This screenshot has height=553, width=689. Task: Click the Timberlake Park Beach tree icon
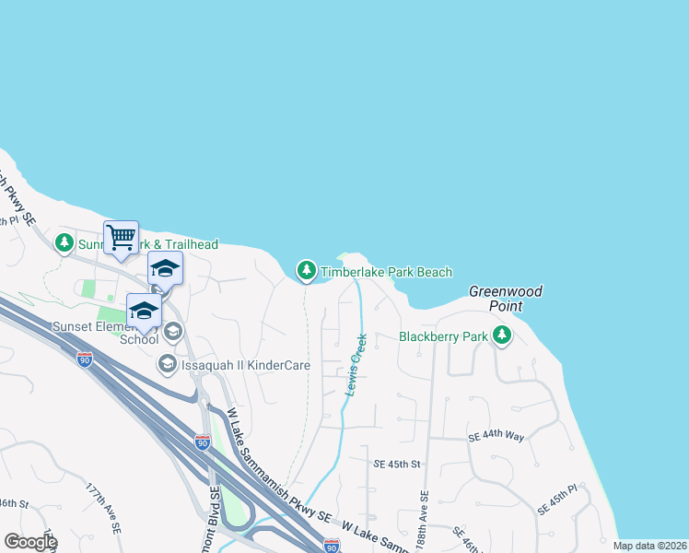[x=306, y=271]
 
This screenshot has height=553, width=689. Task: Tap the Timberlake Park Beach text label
[x=386, y=272]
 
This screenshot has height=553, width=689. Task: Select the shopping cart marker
[x=121, y=238]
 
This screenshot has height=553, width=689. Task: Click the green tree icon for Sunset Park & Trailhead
[x=64, y=243]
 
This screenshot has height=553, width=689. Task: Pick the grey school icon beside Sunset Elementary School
[x=172, y=331]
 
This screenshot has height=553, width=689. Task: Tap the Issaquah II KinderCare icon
[x=167, y=364]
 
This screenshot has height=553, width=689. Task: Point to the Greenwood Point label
[x=506, y=298]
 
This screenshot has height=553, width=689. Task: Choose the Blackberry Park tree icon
[x=501, y=335]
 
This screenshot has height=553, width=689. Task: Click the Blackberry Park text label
[x=442, y=336]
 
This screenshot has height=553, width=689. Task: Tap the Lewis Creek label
[x=356, y=366]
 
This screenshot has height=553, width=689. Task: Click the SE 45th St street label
[x=397, y=464]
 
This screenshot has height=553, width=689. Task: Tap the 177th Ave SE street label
[x=104, y=507]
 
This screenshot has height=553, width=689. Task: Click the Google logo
[x=30, y=541]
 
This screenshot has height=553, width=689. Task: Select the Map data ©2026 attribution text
[x=649, y=546]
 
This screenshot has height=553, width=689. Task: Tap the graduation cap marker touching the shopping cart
[x=165, y=269]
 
